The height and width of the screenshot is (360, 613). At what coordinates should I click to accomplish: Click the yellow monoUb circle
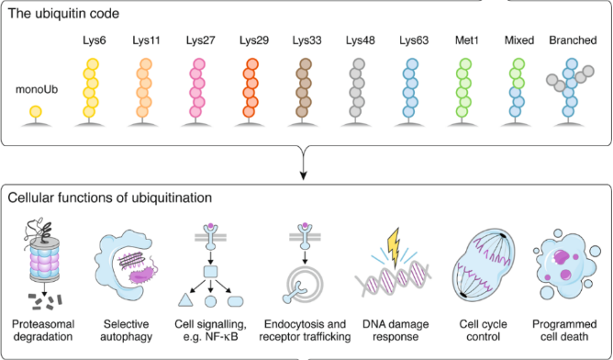(36, 111)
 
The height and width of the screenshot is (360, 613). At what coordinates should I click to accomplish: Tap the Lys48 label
(360, 40)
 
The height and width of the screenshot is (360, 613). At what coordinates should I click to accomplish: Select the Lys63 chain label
(414, 40)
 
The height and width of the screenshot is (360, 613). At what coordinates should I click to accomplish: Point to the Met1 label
(466, 40)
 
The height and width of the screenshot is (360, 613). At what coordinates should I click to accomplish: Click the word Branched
(573, 40)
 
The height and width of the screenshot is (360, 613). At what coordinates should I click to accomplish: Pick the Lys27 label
(201, 40)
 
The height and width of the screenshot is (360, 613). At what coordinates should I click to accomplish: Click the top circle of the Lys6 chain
(93, 64)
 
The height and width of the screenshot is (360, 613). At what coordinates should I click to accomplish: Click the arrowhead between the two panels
(303, 175)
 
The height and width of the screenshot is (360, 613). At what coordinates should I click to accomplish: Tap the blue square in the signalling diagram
(210, 272)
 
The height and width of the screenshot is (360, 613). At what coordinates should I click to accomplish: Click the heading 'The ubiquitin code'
(63, 13)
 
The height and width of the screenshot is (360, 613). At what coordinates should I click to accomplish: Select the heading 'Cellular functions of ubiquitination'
(110, 197)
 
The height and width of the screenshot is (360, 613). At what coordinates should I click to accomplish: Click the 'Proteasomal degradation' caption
(42, 331)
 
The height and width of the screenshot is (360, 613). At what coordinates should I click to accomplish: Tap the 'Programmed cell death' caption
(564, 331)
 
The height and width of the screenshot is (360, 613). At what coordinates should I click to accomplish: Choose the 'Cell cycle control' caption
(484, 331)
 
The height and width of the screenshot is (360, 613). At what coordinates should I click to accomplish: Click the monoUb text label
(37, 90)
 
